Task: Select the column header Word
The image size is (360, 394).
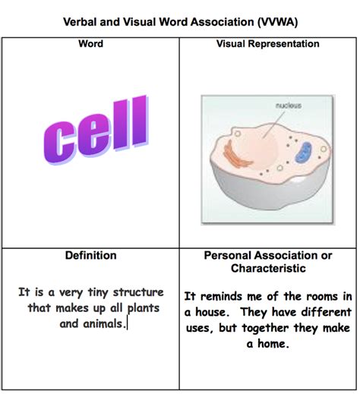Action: (x=90, y=44)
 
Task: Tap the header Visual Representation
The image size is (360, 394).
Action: (x=268, y=44)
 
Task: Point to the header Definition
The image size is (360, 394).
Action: (x=90, y=256)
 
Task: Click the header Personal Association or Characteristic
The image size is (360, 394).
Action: (x=268, y=262)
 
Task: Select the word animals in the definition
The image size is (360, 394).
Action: (x=105, y=324)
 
